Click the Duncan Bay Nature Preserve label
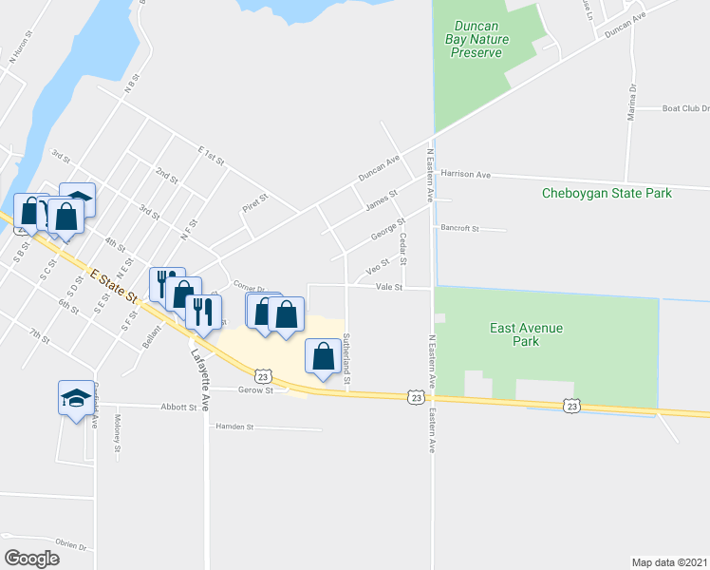pyautogui.click(x=476, y=39)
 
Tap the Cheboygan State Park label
pyautogui.click(x=607, y=193)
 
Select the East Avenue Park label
pyautogui.click(x=527, y=334)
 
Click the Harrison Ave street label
pyautogui.click(x=466, y=175)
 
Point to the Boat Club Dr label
pyautogui.click(x=685, y=108)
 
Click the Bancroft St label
pyautogui.click(x=460, y=228)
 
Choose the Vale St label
pyautogui.click(x=389, y=286)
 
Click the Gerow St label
pyautogui.click(x=255, y=389)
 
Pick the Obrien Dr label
pyautogui.click(x=70, y=547)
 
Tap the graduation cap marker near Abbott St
pyautogui.click(x=76, y=396)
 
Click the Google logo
pyautogui.click(x=31, y=559)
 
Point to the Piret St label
pyautogui.click(x=256, y=202)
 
